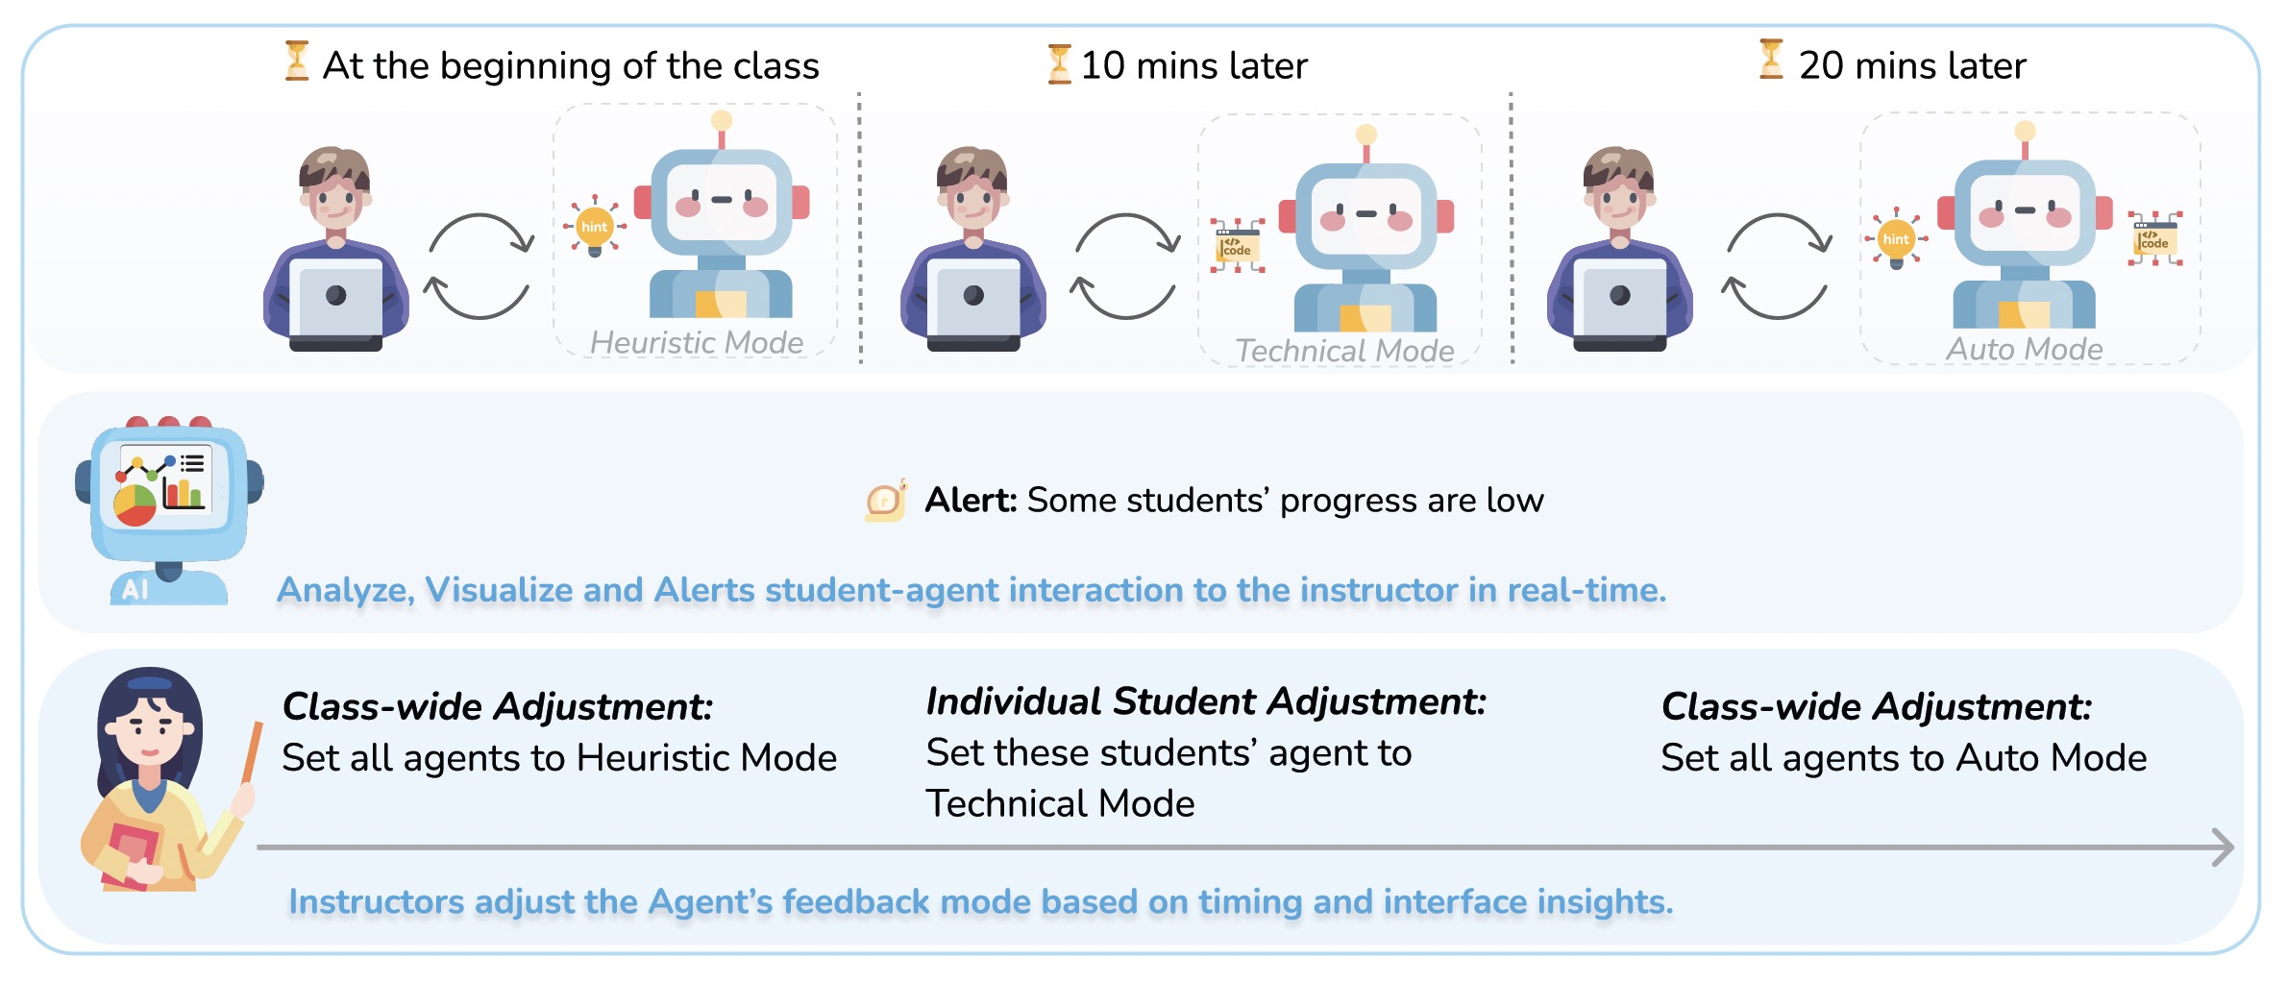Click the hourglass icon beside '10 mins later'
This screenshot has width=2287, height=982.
(1059, 63)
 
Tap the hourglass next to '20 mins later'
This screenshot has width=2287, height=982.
(1771, 59)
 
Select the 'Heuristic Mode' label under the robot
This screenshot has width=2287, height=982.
(697, 342)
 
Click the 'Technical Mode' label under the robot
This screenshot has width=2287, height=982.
(1344, 351)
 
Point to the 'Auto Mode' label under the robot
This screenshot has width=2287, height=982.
(2025, 349)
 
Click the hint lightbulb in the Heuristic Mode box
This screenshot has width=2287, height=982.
(595, 227)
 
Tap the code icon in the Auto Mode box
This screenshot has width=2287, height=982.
(2154, 238)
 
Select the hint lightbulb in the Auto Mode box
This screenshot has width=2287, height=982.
(1896, 238)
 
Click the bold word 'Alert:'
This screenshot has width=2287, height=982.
(971, 500)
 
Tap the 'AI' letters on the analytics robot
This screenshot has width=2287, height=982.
(135, 589)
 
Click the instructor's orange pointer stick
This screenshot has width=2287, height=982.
(253, 751)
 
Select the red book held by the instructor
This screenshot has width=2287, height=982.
(131, 854)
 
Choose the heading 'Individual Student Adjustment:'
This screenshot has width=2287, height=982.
(1206, 701)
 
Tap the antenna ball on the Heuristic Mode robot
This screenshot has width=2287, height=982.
(722, 120)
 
